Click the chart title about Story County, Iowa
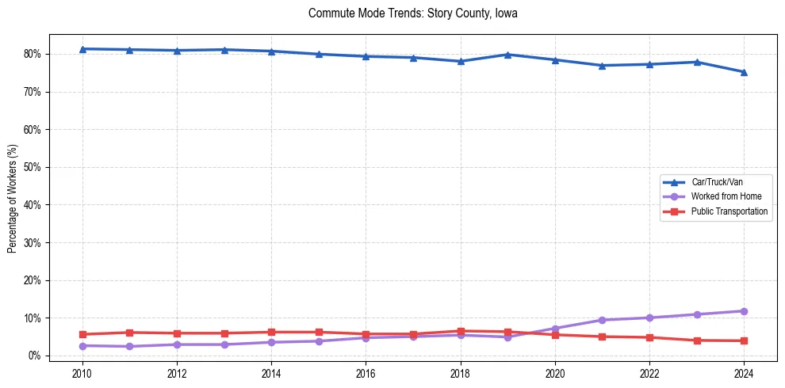pyautogui.click(x=412, y=13)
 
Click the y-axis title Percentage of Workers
pyautogui.click(x=13, y=198)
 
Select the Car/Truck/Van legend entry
pyautogui.click(x=717, y=182)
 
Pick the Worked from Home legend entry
pyautogui.click(x=726, y=196)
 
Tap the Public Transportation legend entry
pyautogui.click(x=729, y=211)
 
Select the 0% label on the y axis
pyautogui.click(x=34, y=356)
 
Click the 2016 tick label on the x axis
pyautogui.click(x=366, y=373)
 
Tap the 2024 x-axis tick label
pyautogui.click(x=744, y=373)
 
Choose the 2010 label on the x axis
pyautogui.click(x=82, y=373)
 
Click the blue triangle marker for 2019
pyautogui.click(x=507, y=55)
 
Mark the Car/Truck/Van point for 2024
pyautogui.click(x=744, y=72)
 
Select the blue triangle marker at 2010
pyautogui.click(x=82, y=49)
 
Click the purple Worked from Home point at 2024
pyautogui.click(x=744, y=311)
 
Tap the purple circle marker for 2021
pyautogui.click(x=602, y=320)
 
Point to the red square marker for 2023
pyautogui.click(x=697, y=340)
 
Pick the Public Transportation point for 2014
pyautogui.click(x=271, y=332)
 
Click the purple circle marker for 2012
pyautogui.click(x=177, y=344)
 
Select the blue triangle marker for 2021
pyautogui.click(x=602, y=66)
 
